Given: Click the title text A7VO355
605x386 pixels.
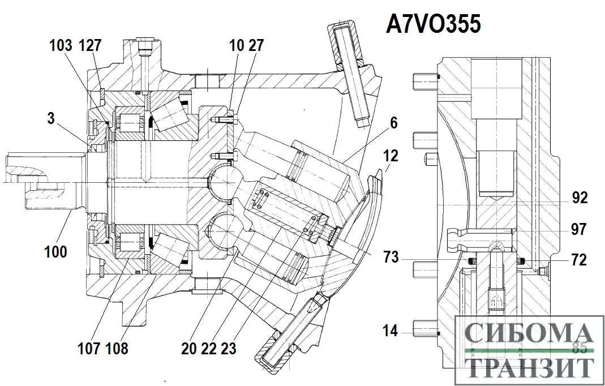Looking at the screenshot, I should [434, 24].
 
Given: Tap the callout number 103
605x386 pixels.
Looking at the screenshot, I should [61, 45].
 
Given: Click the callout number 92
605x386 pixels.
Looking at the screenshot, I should [579, 198].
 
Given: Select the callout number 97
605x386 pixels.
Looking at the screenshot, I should [578, 230].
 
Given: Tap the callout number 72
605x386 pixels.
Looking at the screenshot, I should [578, 260].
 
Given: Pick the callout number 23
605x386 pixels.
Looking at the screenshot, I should [228, 349].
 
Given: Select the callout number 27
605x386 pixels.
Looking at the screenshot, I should [256, 46].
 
